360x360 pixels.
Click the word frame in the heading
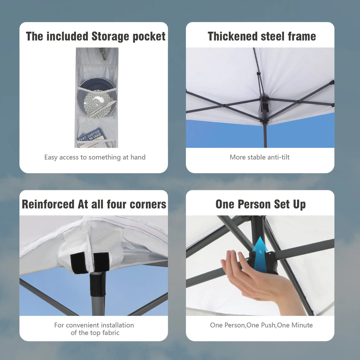(302, 36)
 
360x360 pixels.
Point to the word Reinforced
(48, 204)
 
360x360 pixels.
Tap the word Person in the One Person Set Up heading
(254, 204)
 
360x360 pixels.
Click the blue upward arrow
(260, 255)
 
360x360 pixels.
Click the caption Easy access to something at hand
(95, 157)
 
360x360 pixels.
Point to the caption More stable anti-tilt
(260, 157)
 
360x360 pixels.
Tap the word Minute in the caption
(302, 325)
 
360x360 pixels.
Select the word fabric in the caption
(110, 333)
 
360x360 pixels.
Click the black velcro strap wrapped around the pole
(98, 285)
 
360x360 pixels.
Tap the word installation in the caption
(117, 325)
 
